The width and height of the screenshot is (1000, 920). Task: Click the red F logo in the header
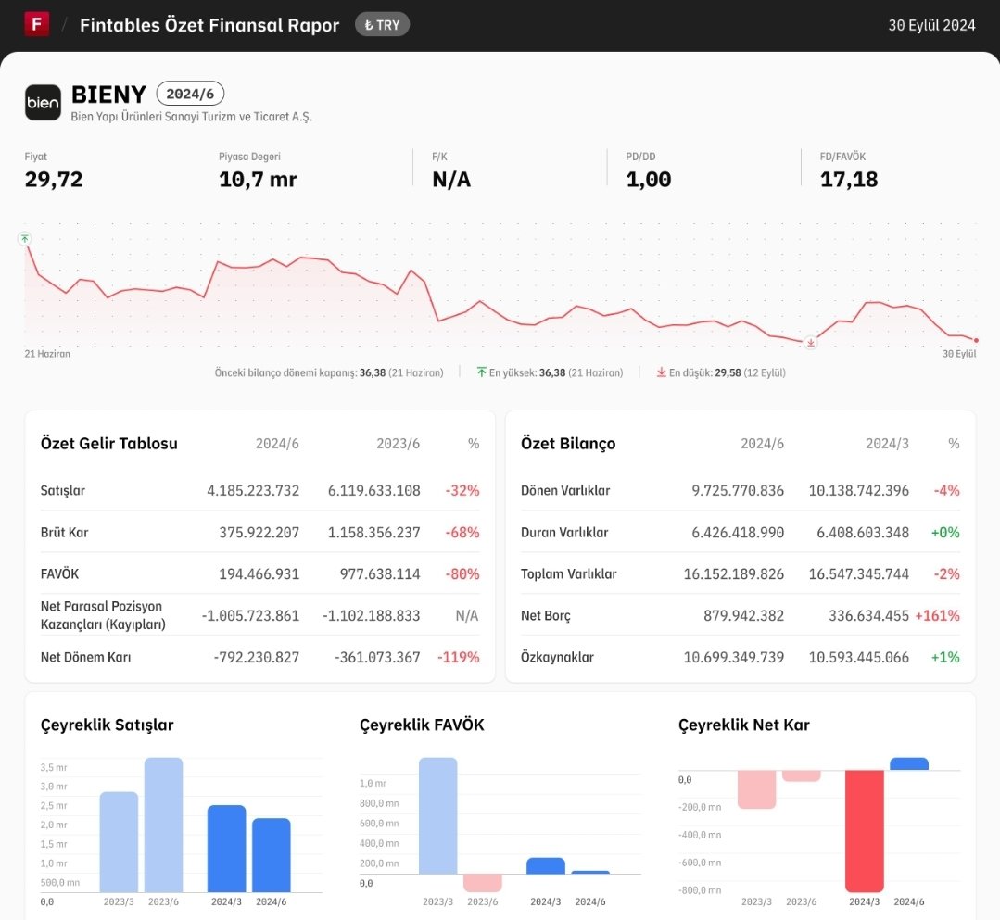[x=37, y=25]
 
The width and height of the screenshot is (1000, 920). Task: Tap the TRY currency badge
[x=382, y=25]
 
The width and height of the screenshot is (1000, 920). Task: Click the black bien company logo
[x=43, y=102]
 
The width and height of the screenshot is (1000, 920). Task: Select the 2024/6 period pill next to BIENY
[x=190, y=94]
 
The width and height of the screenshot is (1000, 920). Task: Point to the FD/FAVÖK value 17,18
[x=849, y=180]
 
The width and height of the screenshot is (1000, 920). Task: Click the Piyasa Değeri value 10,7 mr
[x=258, y=180]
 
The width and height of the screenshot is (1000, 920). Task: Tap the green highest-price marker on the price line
[x=24, y=238]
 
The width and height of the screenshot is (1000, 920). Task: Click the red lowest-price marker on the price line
[x=811, y=343]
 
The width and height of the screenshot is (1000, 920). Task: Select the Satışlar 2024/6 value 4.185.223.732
[x=253, y=490]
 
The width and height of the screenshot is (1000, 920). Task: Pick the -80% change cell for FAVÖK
[x=462, y=573]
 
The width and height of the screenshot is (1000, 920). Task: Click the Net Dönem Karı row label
[x=85, y=657]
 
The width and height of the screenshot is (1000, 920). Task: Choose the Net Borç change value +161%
[x=938, y=616]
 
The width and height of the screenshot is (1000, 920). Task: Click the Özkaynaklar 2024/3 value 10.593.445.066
[x=859, y=657]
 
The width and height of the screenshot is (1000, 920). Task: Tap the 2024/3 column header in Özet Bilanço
[x=887, y=444]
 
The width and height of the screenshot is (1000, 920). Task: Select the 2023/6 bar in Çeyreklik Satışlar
[x=163, y=825]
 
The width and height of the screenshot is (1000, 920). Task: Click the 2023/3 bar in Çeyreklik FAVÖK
[x=438, y=815]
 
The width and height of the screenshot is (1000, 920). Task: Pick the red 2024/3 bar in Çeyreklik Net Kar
[x=865, y=831]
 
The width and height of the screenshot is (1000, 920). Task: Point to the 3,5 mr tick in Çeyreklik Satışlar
[x=54, y=768]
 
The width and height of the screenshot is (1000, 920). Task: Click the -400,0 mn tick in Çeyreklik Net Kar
[x=700, y=835]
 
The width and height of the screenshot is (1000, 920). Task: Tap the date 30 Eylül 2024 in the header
[x=931, y=25]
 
